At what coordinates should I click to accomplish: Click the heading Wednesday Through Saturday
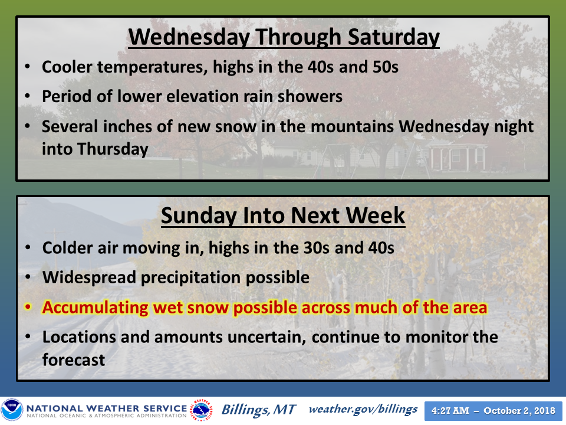tap(284, 37)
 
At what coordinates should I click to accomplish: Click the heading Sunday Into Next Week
tap(283, 216)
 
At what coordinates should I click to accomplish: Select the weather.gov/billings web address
tap(363, 410)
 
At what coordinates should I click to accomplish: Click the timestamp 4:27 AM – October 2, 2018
tap(493, 411)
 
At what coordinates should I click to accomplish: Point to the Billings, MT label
tap(258, 410)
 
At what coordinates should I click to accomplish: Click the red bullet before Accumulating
tap(28, 308)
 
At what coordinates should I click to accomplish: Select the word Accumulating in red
tap(96, 308)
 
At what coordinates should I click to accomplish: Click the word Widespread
tap(89, 278)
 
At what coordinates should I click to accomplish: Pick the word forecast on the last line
tap(74, 360)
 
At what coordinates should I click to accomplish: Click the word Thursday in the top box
tap(113, 149)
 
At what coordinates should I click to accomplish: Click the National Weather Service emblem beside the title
tap(202, 410)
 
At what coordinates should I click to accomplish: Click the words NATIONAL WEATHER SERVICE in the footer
tap(107, 408)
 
